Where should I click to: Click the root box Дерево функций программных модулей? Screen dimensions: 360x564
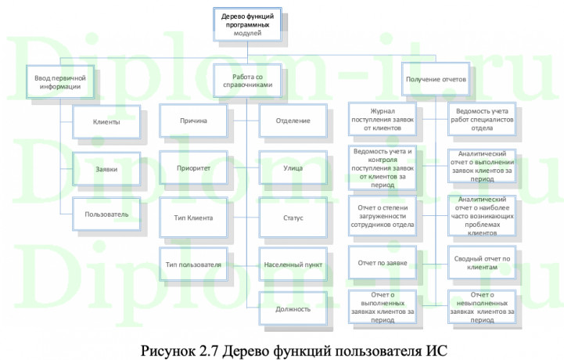247,23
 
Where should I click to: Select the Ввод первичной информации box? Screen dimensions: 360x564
60,82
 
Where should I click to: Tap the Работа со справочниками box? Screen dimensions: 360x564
247,82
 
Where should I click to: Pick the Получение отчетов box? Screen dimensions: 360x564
436,80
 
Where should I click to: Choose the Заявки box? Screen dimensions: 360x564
106,168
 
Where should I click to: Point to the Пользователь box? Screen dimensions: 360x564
106,213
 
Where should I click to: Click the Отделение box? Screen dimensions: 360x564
293,121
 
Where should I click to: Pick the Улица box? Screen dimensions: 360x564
293,168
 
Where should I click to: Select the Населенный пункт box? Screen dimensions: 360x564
293,265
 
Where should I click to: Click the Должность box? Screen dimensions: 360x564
293,308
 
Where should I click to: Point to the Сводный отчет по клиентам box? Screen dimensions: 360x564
482,263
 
